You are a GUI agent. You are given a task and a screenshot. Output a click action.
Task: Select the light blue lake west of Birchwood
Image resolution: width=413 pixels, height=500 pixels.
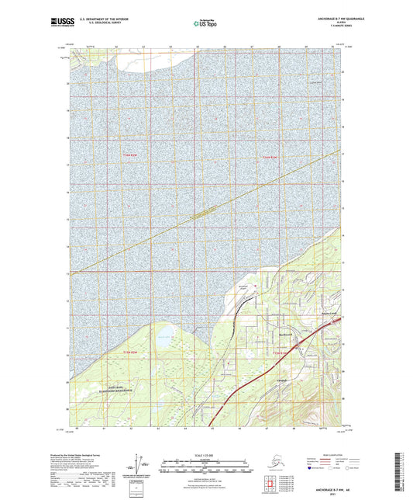click(166, 335)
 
